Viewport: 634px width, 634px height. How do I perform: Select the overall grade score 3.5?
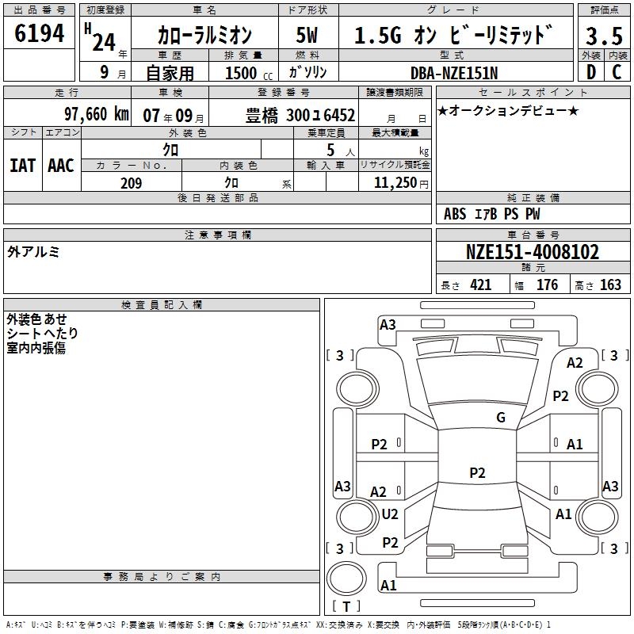[604, 36]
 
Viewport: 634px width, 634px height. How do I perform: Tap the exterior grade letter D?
[590, 71]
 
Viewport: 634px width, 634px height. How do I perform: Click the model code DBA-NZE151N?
[455, 72]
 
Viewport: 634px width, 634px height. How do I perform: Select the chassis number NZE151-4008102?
[533, 253]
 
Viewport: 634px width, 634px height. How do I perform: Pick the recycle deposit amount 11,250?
[391, 183]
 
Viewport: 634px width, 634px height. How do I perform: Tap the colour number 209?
[131, 183]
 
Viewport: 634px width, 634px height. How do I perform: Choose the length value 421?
[480, 285]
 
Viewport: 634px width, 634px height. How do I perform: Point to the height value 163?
[610, 285]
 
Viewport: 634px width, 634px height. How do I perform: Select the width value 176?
[547, 285]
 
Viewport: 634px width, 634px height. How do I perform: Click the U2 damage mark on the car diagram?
[390, 514]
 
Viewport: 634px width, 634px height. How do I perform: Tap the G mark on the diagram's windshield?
[501, 418]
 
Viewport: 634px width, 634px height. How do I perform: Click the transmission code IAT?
[23, 165]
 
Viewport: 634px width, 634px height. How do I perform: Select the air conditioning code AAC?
[61, 165]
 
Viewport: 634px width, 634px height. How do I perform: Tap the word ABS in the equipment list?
[455, 214]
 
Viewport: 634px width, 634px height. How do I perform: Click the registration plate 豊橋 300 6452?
[300, 115]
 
